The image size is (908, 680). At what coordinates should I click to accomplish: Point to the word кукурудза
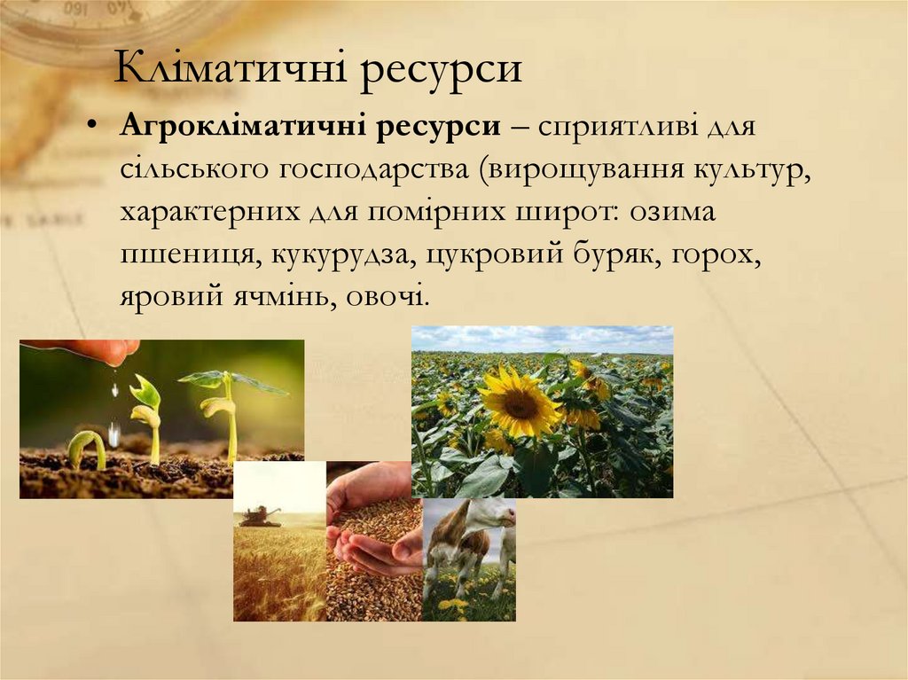tap(342, 255)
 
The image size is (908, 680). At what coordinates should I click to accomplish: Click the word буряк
tap(620, 255)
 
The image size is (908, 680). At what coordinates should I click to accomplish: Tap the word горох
tap(718, 255)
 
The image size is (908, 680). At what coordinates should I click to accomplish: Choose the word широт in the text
tap(567, 213)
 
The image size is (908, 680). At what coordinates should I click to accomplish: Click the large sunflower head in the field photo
tap(520, 403)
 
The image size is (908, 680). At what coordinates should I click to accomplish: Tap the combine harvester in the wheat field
tap(260, 516)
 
